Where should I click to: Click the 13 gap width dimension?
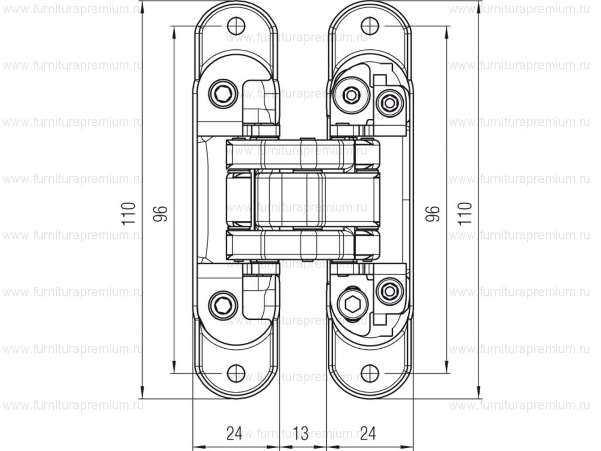coord(300,434)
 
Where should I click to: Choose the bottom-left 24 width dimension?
coord(234,434)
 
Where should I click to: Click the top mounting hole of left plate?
coord(235,26)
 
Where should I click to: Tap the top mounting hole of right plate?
coord(370,26)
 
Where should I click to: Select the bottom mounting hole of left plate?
coord(235,373)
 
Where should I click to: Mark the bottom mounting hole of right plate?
coord(370,373)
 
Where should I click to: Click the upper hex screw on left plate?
coord(222,93)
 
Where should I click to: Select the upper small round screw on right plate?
coord(389,102)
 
